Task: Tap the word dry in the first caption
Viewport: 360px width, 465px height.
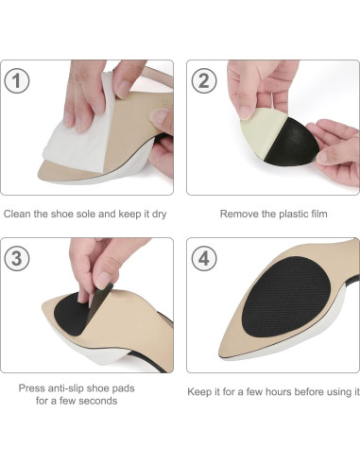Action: pos(158,214)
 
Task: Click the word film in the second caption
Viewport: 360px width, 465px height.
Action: pos(317,214)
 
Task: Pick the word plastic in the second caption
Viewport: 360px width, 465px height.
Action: pos(288,214)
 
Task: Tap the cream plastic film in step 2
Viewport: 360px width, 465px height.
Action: pos(252,132)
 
